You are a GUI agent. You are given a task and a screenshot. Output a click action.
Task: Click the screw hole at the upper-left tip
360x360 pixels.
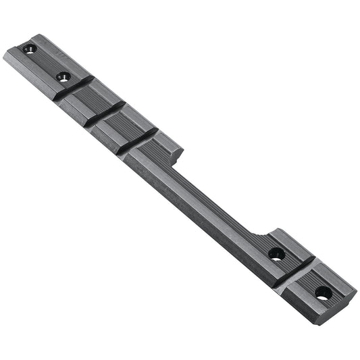28,49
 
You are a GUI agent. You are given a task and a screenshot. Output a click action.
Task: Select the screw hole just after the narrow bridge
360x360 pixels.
276,255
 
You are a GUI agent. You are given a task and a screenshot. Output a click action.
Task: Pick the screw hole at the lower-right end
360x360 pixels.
324,293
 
